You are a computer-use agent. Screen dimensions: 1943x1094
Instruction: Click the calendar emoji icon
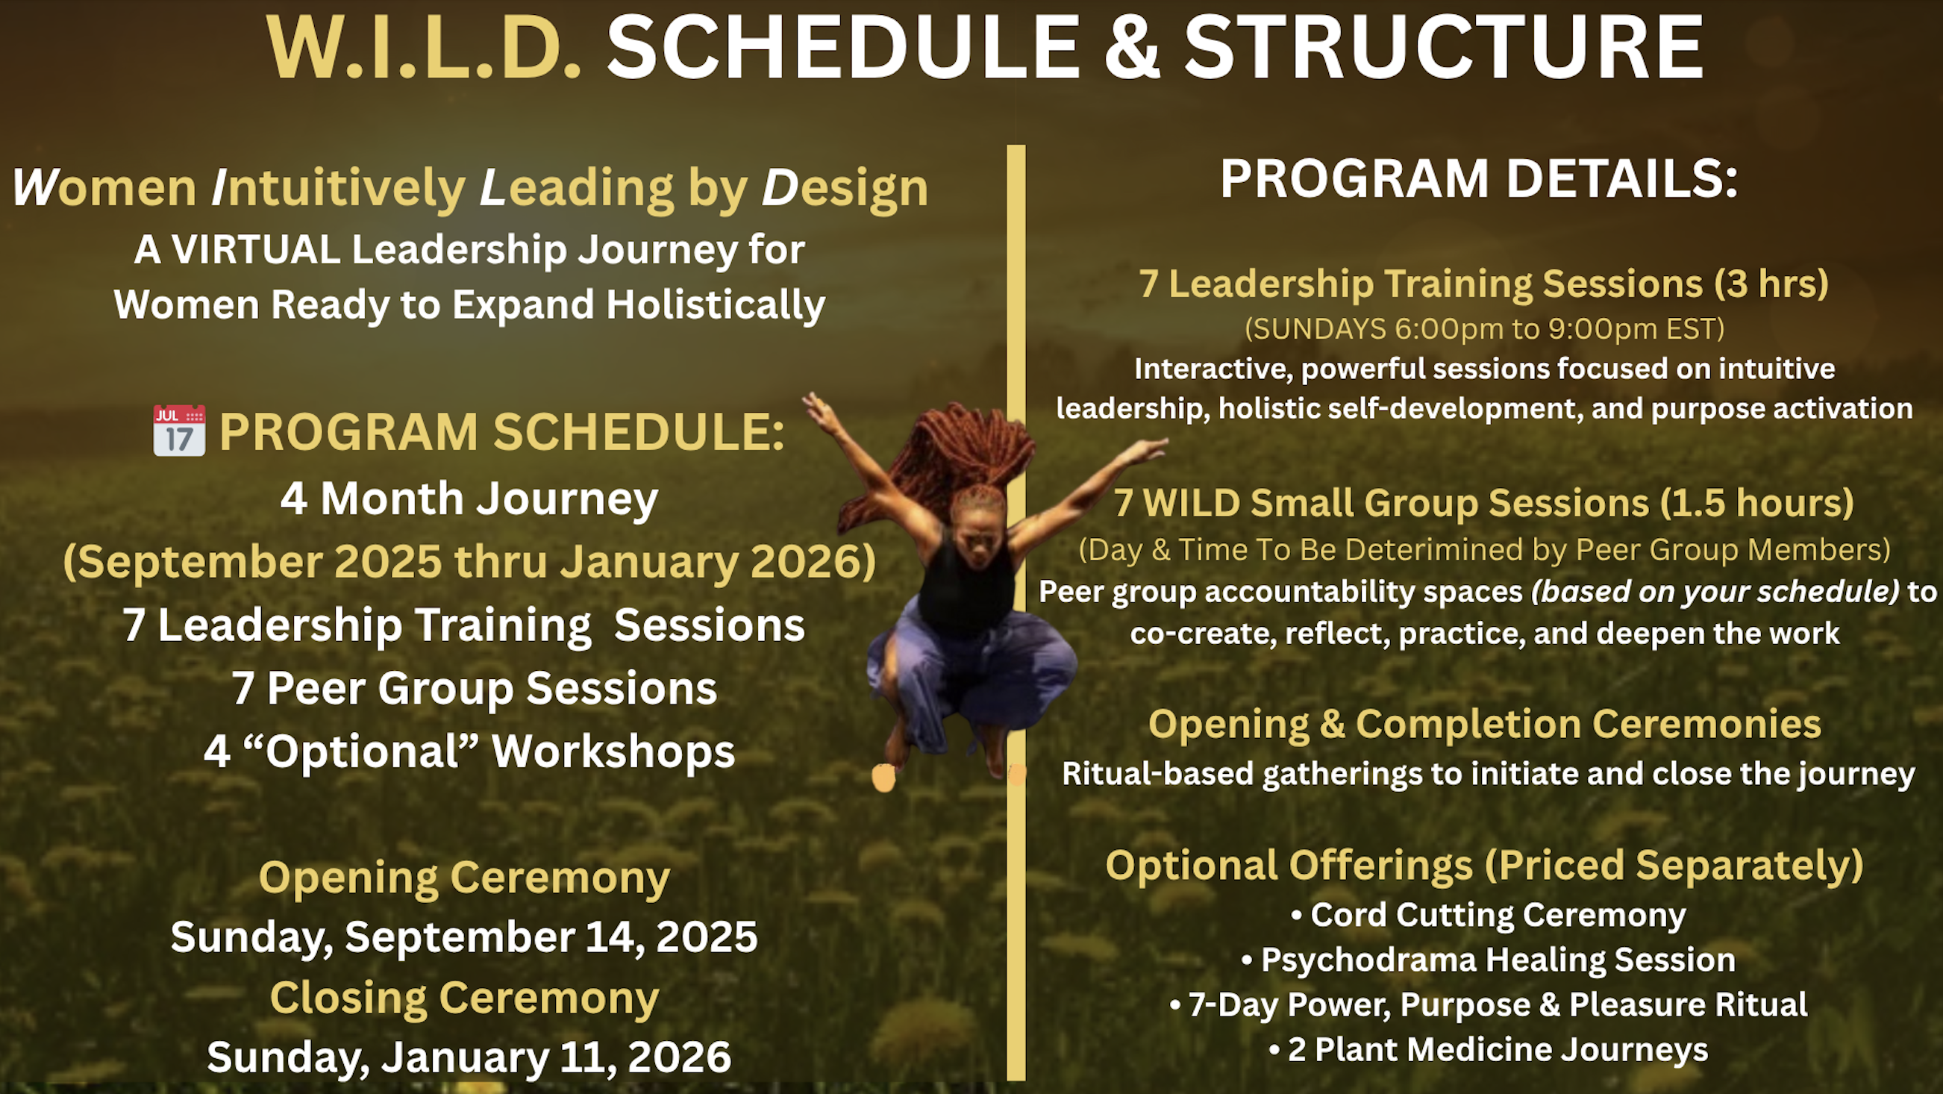pyautogui.click(x=180, y=431)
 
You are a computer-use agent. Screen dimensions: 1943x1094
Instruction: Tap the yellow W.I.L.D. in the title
pyautogui.click(x=424, y=48)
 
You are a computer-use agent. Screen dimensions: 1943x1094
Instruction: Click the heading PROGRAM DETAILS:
pyautogui.click(x=1479, y=180)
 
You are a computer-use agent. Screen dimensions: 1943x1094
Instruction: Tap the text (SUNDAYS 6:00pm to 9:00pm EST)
pyautogui.click(x=1484, y=329)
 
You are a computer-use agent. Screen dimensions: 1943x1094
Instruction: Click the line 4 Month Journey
pyautogui.click(x=469, y=499)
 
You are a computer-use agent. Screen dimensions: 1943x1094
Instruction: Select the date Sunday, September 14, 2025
pyautogui.click(x=464, y=937)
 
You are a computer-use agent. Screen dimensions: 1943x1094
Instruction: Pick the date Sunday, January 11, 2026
pyautogui.click(x=469, y=1057)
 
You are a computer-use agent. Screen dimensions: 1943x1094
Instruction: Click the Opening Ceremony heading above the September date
pyautogui.click(x=464, y=878)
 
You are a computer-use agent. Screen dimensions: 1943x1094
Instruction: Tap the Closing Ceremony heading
pyautogui.click(x=465, y=998)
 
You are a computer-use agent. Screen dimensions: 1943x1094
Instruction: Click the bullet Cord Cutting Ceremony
pyautogui.click(x=1488, y=915)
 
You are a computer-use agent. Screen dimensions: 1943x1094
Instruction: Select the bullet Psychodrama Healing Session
pyautogui.click(x=1488, y=960)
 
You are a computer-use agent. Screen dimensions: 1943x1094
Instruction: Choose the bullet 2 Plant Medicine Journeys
pyautogui.click(x=1488, y=1049)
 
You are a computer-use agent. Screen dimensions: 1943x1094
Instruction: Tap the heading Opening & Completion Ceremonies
pyautogui.click(x=1484, y=725)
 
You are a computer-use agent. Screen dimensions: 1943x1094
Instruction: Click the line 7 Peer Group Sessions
pyautogui.click(x=475, y=689)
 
